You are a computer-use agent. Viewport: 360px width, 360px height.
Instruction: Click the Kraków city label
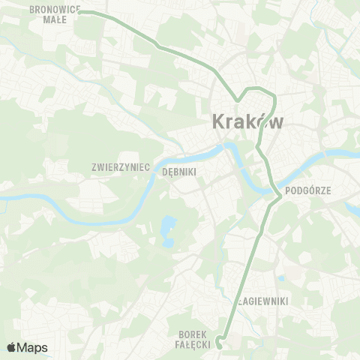tap(248, 121)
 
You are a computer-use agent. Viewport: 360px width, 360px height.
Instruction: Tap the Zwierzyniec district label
tap(121, 166)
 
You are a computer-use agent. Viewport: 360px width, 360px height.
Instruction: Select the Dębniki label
tap(179, 171)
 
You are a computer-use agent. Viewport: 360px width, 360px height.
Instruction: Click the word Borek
tap(193, 334)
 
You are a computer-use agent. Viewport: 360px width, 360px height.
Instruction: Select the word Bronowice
tap(54, 10)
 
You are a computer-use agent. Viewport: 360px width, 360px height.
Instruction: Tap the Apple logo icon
tap(11, 347)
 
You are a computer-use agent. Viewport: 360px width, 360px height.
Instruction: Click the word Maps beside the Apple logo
tap(33, 347)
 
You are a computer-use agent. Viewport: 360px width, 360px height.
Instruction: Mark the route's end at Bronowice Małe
tap(80, 12)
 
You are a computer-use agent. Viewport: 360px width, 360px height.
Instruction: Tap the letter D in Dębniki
tap(165, 171)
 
